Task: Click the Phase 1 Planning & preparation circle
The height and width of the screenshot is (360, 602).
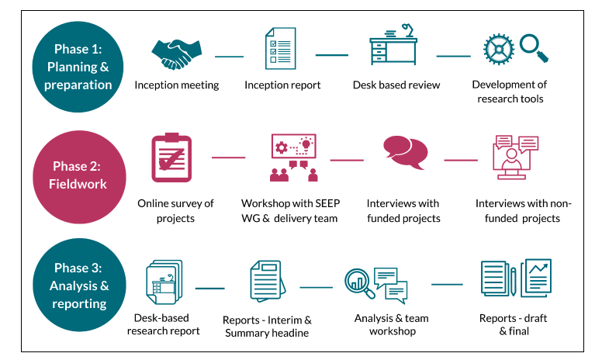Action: pyautogui.click(x=78, y=67)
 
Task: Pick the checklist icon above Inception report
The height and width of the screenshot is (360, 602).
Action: pyautogui.click(x=280, y=49)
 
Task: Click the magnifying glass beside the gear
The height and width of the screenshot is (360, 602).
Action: pyautogui.click(x=535, y=47)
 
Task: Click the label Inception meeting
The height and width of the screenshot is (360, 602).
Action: pyautogui.click(x=177, y=85)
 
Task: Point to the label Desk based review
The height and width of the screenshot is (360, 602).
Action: pyautogui.click(x=396, y=85)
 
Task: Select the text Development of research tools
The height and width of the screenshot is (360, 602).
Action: pyautogui.click(x=510, y=92)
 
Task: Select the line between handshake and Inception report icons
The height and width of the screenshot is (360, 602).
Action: pyautogui.click(x=229, y=56)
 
